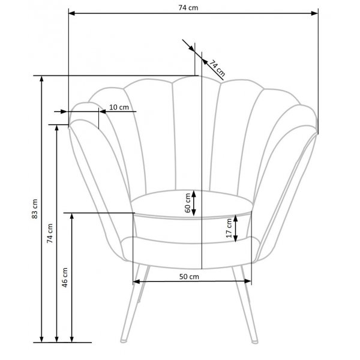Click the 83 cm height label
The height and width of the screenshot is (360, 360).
tap(35, 208)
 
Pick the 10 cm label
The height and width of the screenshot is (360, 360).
tap(119, 107)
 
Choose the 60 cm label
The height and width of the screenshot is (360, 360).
tap(188, 203)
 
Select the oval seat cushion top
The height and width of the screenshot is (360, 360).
tap(192, 202)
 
